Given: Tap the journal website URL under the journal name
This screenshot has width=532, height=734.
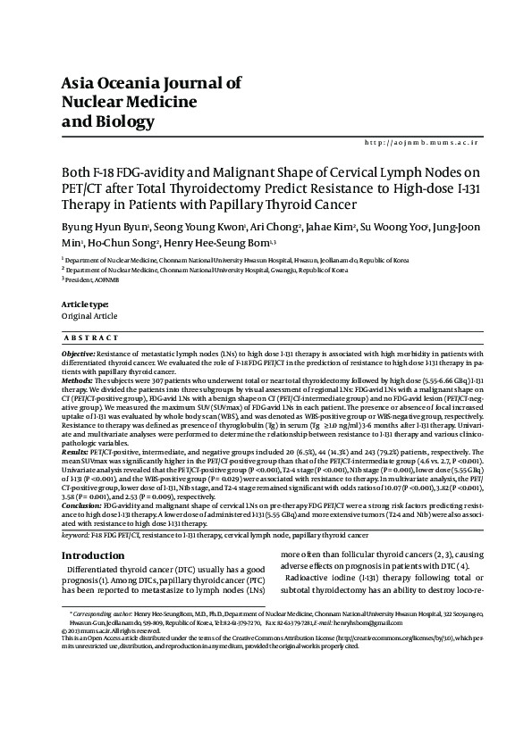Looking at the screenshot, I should (423, 143).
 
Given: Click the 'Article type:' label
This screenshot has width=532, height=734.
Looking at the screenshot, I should (84, 305).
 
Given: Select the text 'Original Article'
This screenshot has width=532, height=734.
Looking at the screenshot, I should (89, 317).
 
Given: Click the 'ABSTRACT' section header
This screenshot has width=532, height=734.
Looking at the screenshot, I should (92, 338).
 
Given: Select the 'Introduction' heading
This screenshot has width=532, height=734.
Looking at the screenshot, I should (93, 555).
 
